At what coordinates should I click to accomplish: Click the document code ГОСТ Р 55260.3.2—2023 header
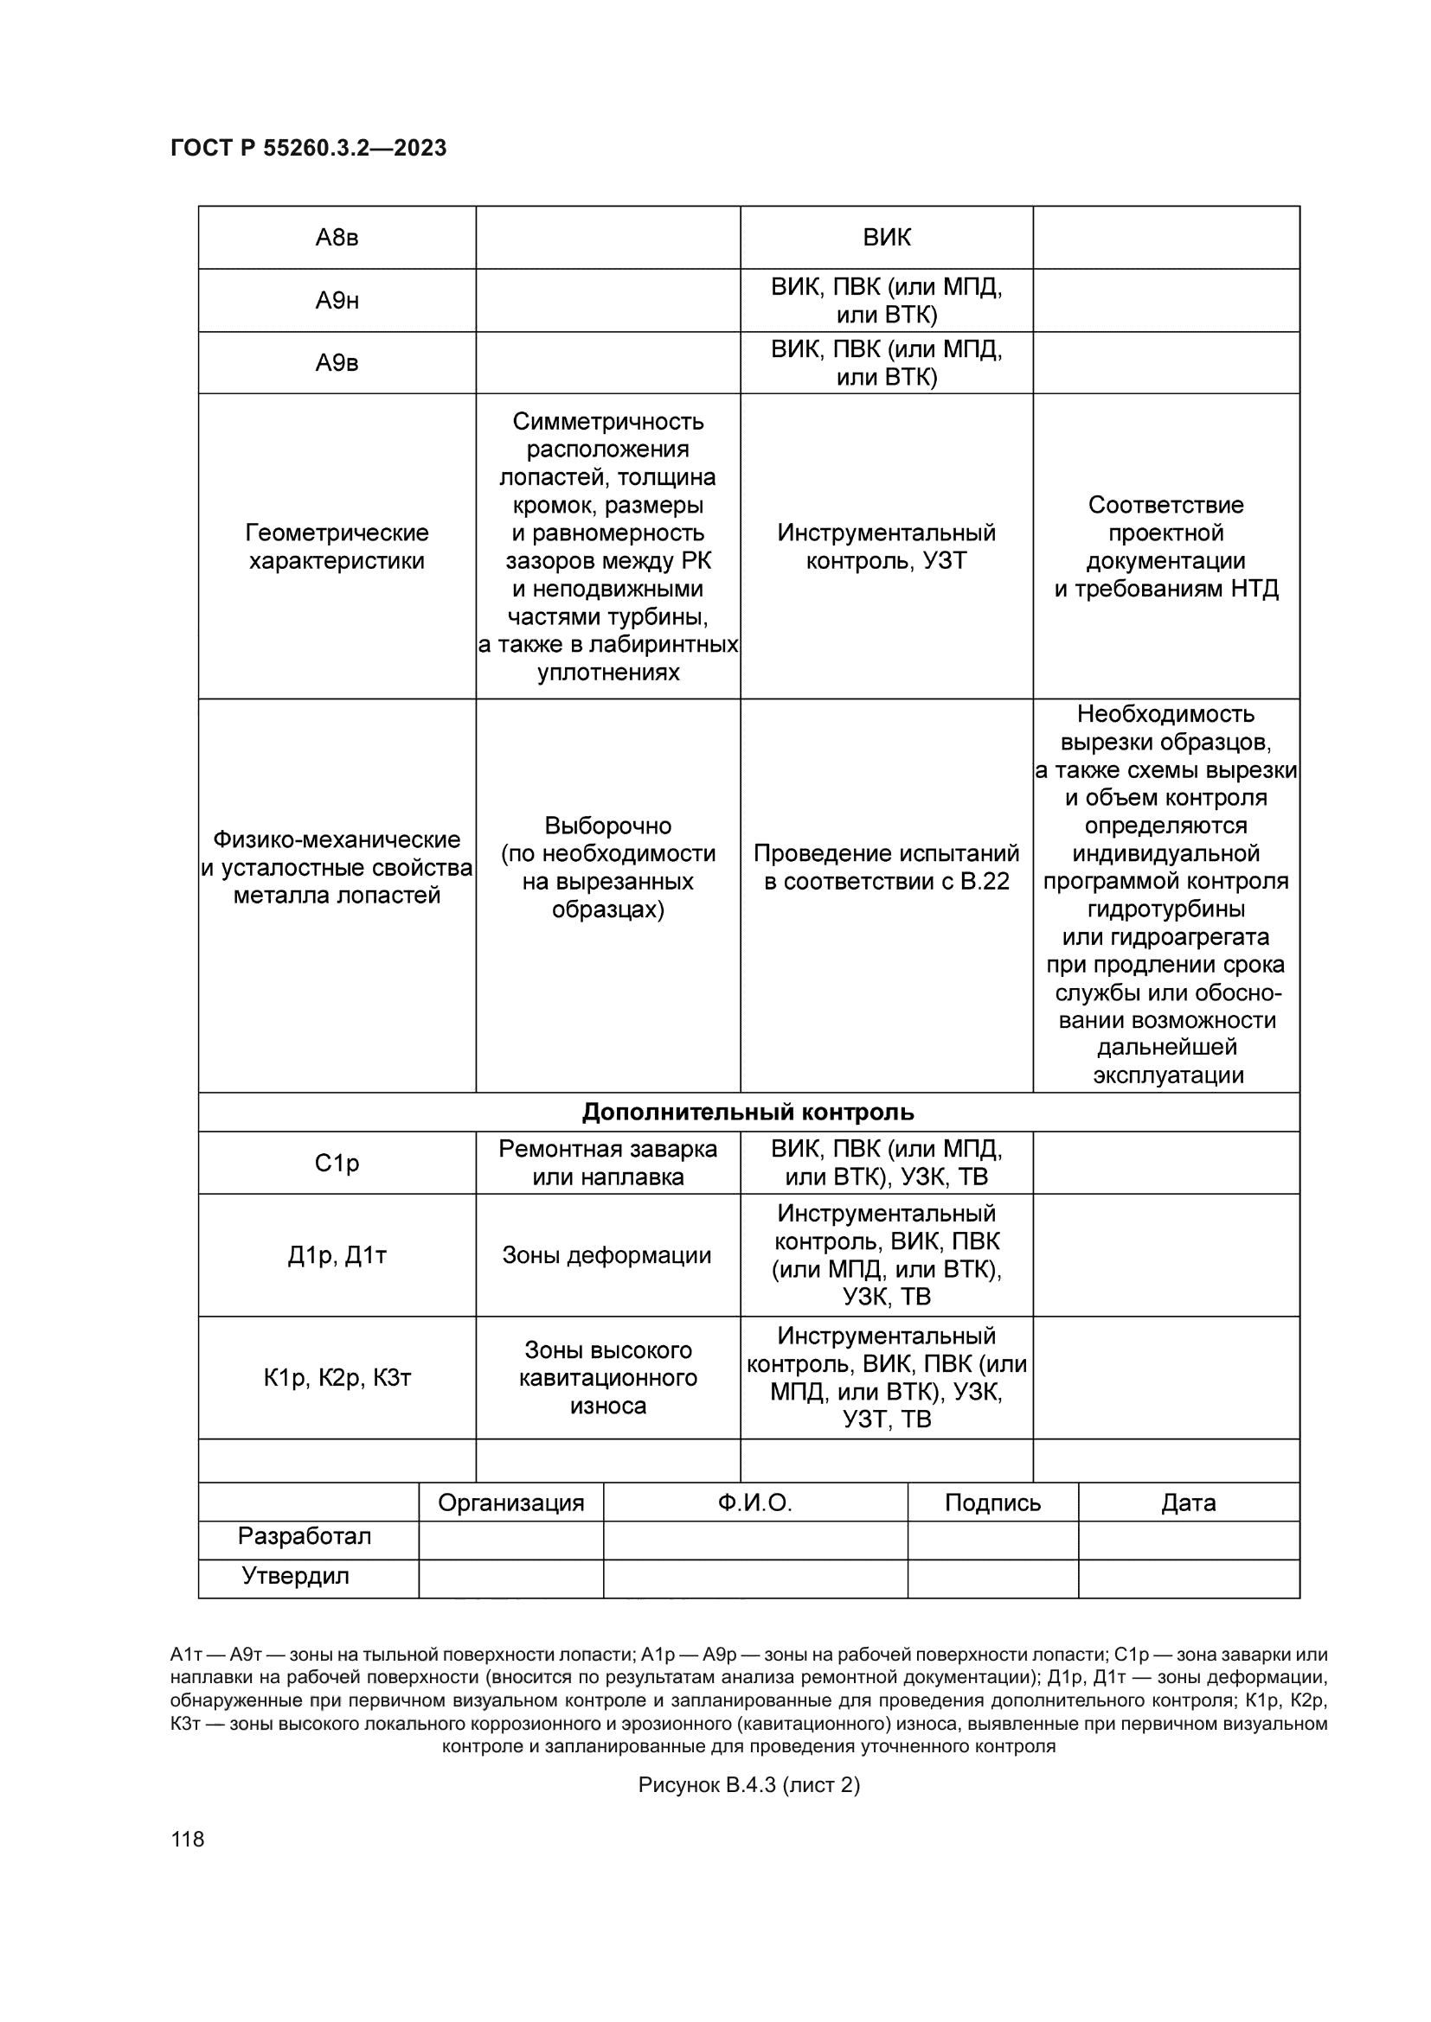tap(308, 148)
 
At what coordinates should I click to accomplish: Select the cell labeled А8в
tap(337, 238)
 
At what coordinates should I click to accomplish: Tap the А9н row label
tap(337, 301)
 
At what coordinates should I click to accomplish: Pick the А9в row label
tap(337, 363)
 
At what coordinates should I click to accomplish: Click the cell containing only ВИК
tap(887, 238)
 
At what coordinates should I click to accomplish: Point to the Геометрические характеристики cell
tap(337, 546)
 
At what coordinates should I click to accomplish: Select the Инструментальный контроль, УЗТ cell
tap(887, 546)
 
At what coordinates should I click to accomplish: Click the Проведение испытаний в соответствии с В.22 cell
tap(887, 866)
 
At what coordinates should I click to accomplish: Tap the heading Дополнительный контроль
tap(748, 1113)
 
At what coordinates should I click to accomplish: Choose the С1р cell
tap(337, 1164)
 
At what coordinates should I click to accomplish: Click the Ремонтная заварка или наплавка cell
tap(608, 1164)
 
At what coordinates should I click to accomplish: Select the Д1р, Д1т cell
tap(337, 1255)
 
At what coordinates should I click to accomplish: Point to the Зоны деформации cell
tap(607, 1255)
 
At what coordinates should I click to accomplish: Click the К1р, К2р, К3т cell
tap(337, 1377)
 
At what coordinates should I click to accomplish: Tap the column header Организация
tap(511, 1502)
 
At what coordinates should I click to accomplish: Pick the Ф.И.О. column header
tap(755, 1502)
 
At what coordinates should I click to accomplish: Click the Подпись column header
tap(992, 1502)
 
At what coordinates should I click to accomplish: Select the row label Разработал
tap(305, 1537)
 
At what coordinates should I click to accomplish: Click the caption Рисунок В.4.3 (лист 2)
tap(749, 1784)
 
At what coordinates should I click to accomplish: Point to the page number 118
tap(188, 1839)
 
